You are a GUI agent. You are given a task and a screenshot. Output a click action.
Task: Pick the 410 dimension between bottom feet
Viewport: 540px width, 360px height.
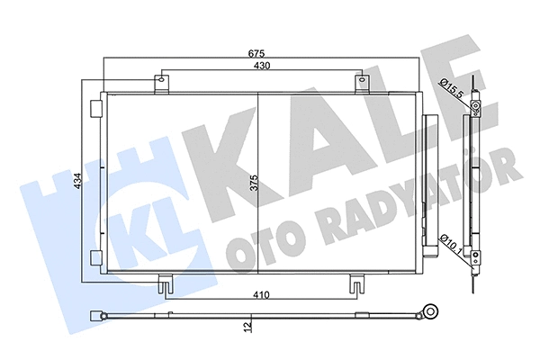(260, 292)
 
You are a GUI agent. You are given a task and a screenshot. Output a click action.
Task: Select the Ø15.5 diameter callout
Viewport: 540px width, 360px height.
(452, 87)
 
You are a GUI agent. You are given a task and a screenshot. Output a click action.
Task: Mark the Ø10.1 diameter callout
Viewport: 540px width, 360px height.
(454, 242)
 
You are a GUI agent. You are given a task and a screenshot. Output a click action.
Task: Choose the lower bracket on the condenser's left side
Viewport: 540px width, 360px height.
(94, 258)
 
